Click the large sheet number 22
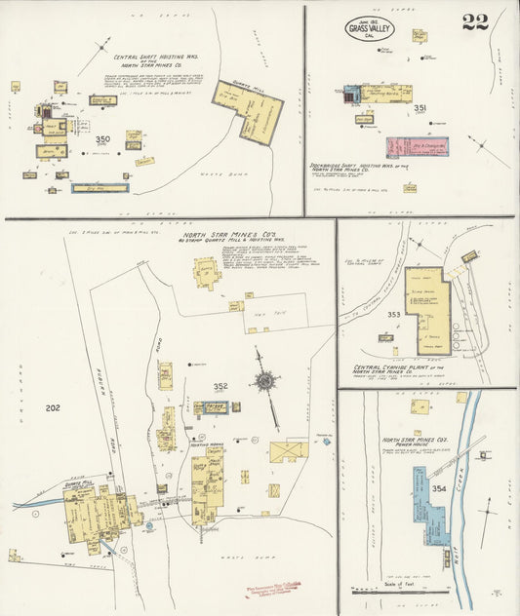475,21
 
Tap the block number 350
102,139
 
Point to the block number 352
220,386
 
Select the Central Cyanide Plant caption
399,369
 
